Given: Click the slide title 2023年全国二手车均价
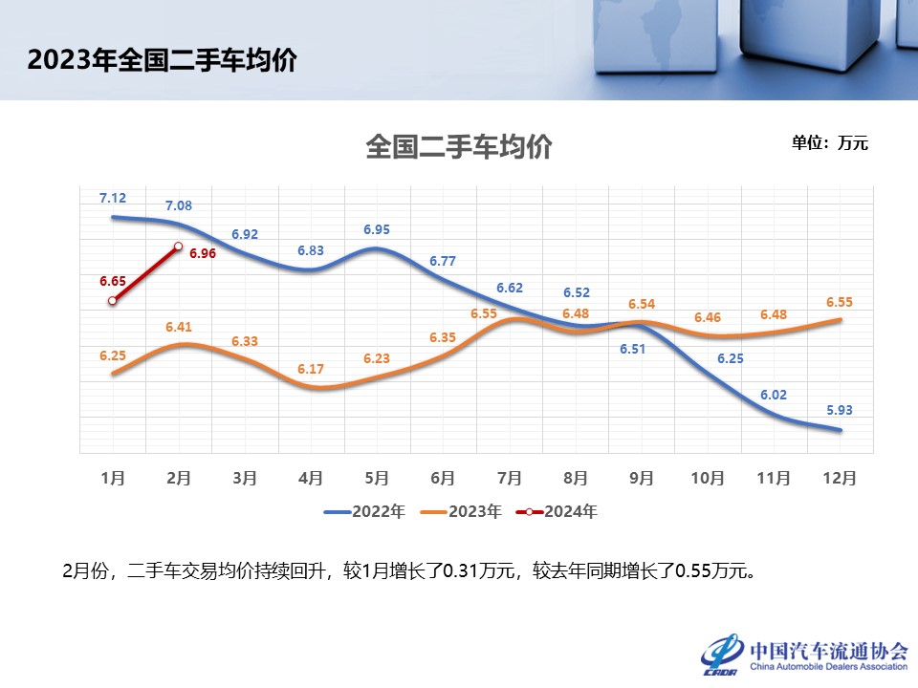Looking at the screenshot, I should pyautogui.click(x=162, y=60).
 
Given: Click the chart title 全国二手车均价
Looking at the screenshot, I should pyautogui.click(x=459, y=148).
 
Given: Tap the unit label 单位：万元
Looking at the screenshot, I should pyautogui.click(x=829, y=143).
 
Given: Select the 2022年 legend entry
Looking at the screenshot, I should pyautogui.click(x=364, y=511).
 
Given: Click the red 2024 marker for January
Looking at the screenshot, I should pyautogui.click(x=113, y=301).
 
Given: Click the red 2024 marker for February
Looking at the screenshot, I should pyautogui.click(x=178, y=247).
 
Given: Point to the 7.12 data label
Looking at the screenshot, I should pyautogui.click(x=113, y=198).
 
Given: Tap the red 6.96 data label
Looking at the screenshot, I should pyautogui.click(x=203, y=253).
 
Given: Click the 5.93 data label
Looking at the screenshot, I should pyautogui.click(x=840, y=411).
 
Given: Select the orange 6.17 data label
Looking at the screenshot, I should pyautogui.click(x=310, y=369).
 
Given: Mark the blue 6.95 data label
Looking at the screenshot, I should pyautogui.click(x=377, y=229).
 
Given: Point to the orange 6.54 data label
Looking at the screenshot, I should pyautogui.click(x=642, y=304).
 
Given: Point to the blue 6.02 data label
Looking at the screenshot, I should pyautogui.click(x=775, y=394).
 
